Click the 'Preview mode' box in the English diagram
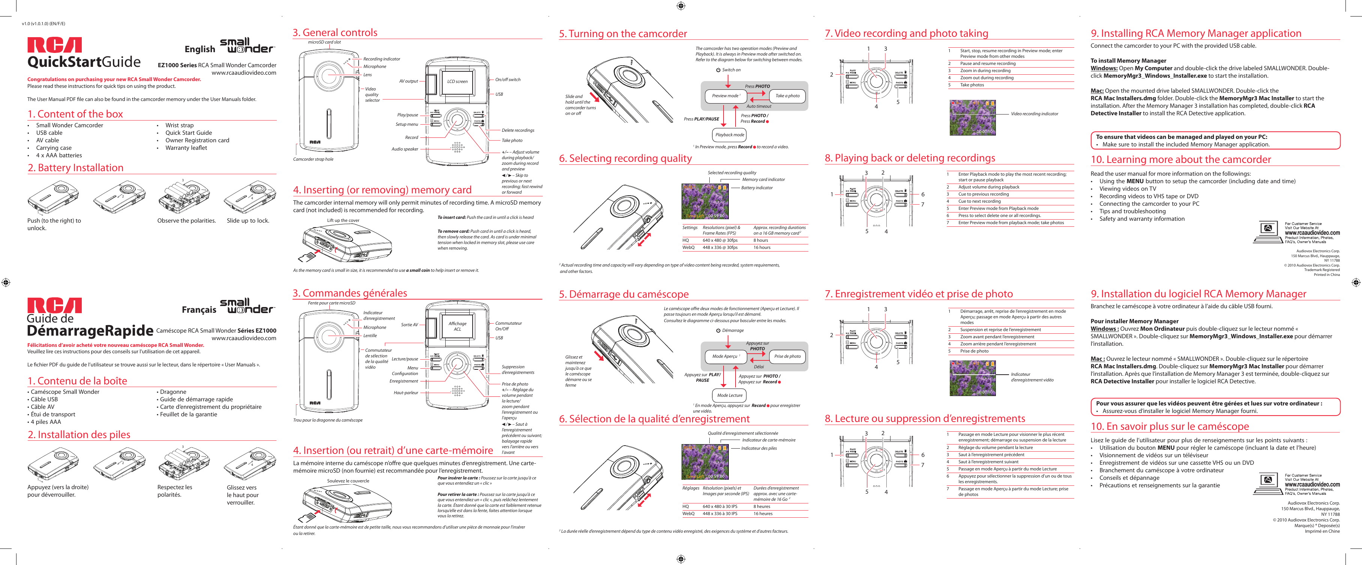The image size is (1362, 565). [725, 96]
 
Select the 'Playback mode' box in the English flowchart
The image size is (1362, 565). [730, 135]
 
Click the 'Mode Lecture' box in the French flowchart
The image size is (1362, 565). [730, 395]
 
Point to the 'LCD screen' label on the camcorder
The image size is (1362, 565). [457, 81]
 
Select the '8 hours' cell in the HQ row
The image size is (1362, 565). [760, 240]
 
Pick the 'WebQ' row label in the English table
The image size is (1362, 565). [688, 247]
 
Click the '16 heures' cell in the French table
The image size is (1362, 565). [763, 514]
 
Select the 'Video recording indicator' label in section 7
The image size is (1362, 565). [1034, 114]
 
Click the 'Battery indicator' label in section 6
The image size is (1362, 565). [757, 188]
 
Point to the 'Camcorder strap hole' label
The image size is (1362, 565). [313, 159]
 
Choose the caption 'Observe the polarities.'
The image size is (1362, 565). [186, 221]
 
